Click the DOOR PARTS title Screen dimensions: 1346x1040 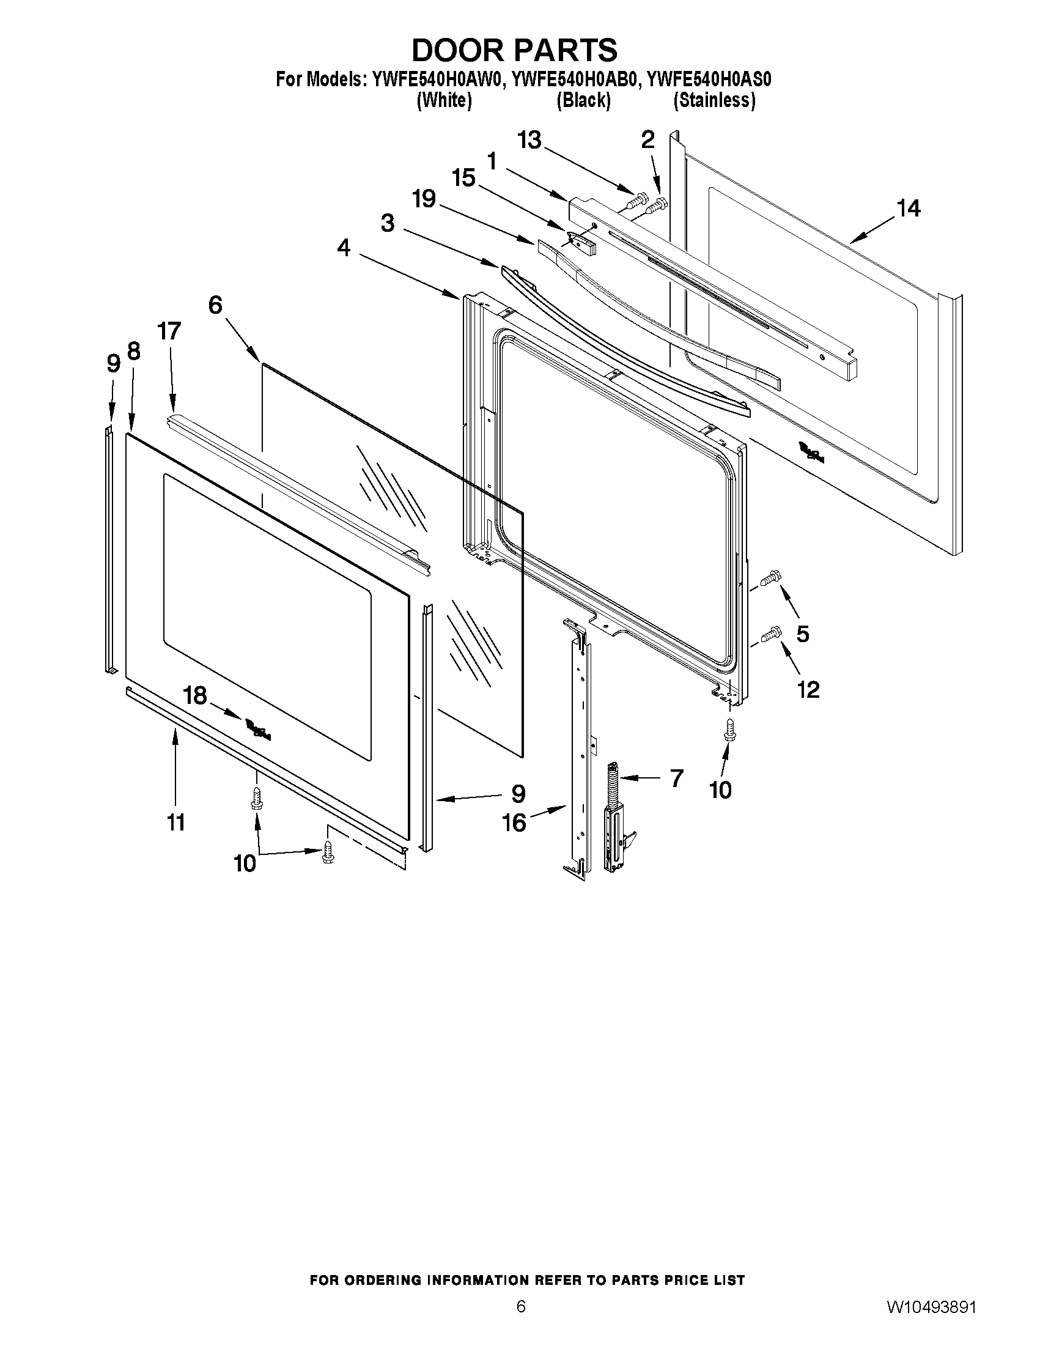point(514,50)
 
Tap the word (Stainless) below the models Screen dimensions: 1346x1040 point(714,100)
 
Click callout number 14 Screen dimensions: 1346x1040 point(908,209)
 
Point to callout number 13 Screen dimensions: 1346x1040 point(529,141)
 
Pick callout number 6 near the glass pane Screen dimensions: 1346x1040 point(215,305)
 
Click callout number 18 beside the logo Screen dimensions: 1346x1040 point(194,696)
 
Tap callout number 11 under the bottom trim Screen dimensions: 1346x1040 point(176,822)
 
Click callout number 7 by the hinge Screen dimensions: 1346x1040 point(676,778)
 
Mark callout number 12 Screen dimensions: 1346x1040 point(808,689)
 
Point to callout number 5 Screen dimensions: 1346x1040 point(803,634)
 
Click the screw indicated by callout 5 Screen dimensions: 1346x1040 point(770,578)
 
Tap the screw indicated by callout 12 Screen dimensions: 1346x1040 point(771,634)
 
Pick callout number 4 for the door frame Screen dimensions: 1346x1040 point(343,248)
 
